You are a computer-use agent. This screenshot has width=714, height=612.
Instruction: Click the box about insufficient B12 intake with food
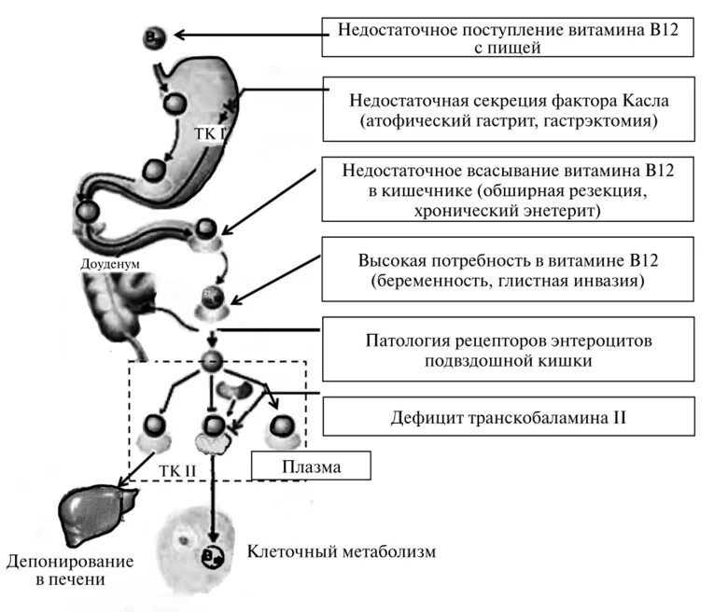click(514, 37)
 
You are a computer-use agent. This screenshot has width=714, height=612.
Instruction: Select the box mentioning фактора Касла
click(514, 109)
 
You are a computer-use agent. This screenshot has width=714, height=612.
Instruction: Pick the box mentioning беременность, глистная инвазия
click(514, 269)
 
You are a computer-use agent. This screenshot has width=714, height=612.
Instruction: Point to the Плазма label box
click(313, 465)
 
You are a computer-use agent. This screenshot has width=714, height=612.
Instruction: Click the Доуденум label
click(110, 264)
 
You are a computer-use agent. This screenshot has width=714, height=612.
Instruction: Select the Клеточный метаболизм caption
click(341, 551)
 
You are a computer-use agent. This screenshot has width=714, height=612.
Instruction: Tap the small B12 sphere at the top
click(155, 37)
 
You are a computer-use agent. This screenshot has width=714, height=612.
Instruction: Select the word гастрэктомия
click(613, 121)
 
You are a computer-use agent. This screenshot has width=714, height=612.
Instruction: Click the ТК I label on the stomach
click(210, 133)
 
